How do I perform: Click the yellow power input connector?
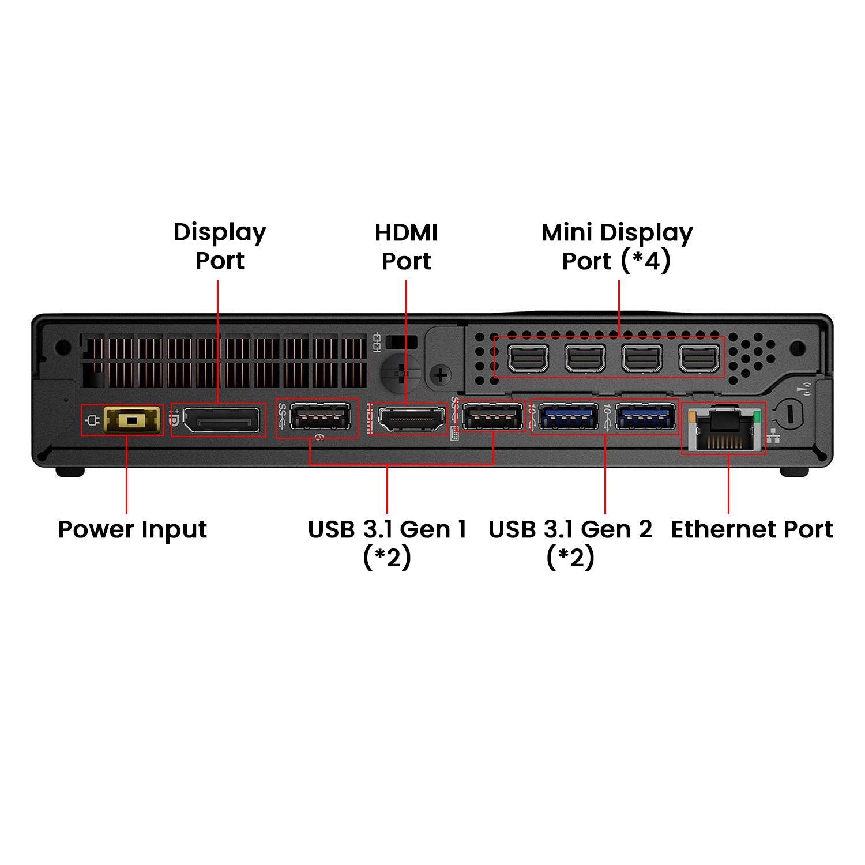click(132, 420)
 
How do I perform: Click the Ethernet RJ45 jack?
click(724, 429)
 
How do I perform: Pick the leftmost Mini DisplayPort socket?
click(528, 359)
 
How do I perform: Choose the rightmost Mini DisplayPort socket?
click(699, 359)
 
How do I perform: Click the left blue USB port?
click(569, 416)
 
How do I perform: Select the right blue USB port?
click(645, 416)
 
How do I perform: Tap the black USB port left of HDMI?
click(320, 416)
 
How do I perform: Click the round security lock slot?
click(789, 413)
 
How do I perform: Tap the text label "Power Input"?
click(133, 529)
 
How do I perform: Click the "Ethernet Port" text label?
click(752, 529)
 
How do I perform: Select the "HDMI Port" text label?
click(407, 247)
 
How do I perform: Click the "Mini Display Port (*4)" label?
click(617, 247)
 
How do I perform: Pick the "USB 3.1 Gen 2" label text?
click(570, 529)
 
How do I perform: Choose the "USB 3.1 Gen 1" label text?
click(387, 529)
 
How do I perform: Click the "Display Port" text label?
click(220, 246)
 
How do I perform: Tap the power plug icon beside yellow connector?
click(92, 420)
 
